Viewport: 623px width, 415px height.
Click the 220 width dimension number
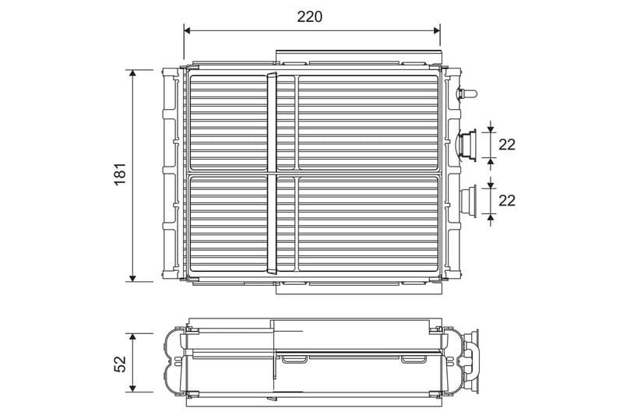(309, 16)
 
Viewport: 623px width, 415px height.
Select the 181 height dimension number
(120, 174)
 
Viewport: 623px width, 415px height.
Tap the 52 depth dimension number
(120, 364)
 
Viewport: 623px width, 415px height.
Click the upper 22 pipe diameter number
(507, 145)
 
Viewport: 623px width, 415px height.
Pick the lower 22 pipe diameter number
(507, 201)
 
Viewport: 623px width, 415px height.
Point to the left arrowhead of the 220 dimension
(188, 30)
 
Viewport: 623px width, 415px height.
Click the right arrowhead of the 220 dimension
(435, 30)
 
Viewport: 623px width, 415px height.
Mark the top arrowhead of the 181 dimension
(132, 74)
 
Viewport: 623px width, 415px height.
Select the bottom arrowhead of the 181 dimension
(132, 277)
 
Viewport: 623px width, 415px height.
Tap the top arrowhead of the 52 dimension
(132, 338)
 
